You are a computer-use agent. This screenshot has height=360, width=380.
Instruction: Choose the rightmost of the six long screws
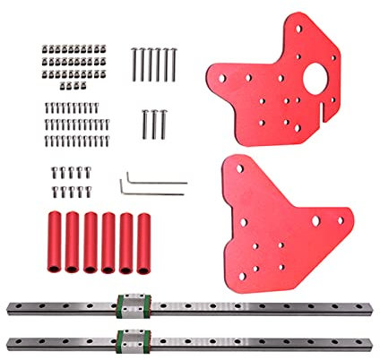coord(174,64)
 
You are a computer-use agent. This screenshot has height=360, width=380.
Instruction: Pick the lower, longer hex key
coord(152,191)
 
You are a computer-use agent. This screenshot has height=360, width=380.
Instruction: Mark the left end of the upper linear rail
coord(11,308)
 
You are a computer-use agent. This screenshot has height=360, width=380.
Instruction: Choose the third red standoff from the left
coord(90,244)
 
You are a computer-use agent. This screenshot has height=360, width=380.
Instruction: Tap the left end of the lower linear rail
coord(11,341)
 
